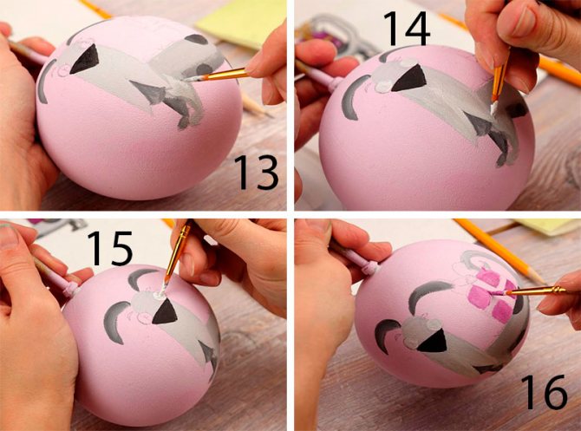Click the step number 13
click(x=257, y=173)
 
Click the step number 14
click(x=407, y=29)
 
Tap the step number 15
click(x=109, y=248)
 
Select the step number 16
click(x=544, y=391)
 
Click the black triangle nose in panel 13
click(x=86, y=59)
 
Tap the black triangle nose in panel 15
click(x=165, y=312)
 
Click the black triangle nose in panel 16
click(x=433, y=341)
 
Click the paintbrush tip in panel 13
click(x=191, y=79)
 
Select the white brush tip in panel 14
click(x=493, y=108)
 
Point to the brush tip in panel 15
click(x=162, y=291)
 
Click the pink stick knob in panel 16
click(x=373, y=268)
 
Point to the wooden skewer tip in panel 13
click(x=268, y=114)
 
